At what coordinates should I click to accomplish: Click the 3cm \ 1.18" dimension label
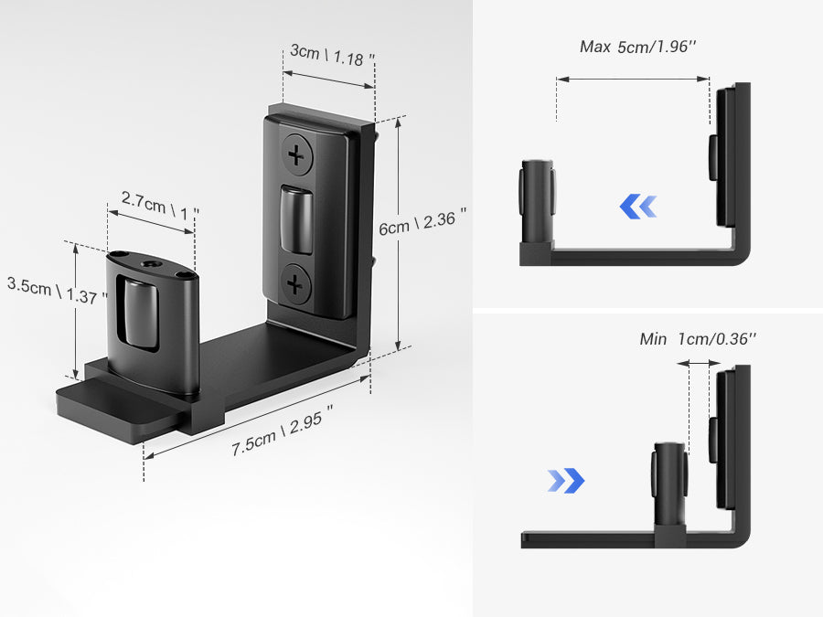pyautogui.click(x=332, y=56)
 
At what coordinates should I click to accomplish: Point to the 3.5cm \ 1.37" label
pyautogui.click(x=57, y=291)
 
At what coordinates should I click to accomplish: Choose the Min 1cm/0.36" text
pyautogui.click(x=698, y=339)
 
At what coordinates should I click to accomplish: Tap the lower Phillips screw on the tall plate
pyautogui.click(x=295, y=285)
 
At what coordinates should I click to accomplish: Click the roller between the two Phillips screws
pyautogui.click(x=296, y=220)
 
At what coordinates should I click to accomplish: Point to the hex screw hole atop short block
pyautogui.click(x=150, y=263)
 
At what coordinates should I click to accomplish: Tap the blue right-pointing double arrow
pyautogui.click(x=566, y=480)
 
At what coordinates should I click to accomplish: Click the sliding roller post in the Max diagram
pyautogui.click(x=537, y=201)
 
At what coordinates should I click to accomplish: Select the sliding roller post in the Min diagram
pyautogui.click(x=669, y=484)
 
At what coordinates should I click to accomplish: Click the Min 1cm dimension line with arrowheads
pyautogui.click(x=700, y=363)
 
